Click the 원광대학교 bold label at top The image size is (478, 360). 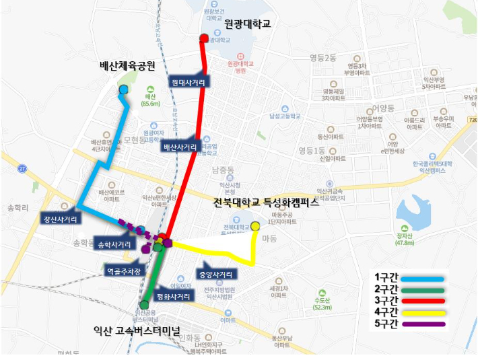[248, 24]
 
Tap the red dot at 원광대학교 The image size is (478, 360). [205, 38]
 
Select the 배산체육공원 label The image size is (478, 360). [127, 66]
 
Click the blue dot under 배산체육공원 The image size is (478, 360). [123, 90]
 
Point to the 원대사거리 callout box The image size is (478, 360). [189, 82]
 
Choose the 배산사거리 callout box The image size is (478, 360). [180, 147]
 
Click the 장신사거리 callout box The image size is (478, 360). [60, 219]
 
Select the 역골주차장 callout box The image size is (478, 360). [125, 272]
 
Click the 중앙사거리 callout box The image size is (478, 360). [217, 275]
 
